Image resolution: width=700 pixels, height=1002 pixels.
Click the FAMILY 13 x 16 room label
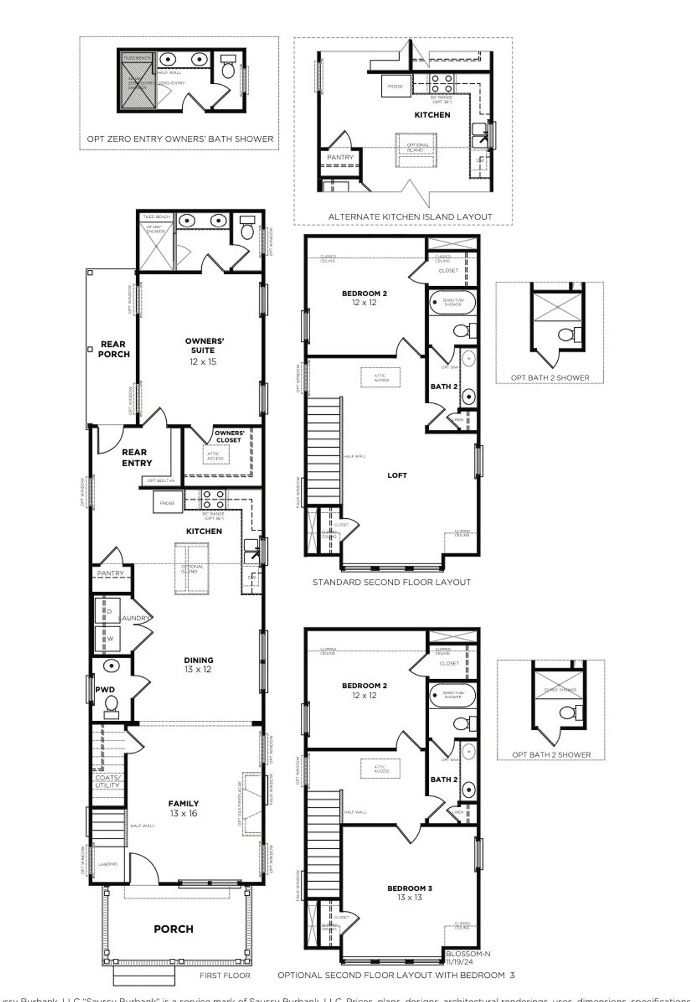click(183, 808)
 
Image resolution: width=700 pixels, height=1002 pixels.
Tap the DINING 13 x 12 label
click(198, 664)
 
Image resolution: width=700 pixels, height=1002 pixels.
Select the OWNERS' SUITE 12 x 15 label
click(203, 351)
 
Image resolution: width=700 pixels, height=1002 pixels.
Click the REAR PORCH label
click(114, 349)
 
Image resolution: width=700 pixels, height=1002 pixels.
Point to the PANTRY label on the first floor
click(110, 573)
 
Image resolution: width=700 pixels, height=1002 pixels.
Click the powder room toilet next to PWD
click(112, 704)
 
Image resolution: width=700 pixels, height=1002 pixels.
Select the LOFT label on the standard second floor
click(397, 475)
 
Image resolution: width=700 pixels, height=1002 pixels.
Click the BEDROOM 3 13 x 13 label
click(410, 893)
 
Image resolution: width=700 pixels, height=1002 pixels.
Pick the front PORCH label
click(173, 929)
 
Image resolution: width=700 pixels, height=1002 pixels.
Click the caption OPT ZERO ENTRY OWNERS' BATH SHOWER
click(180, 139)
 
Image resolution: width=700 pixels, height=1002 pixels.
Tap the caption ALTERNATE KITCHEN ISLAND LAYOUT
click(410, 217)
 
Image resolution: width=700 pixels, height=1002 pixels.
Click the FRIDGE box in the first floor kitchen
click(167, 502)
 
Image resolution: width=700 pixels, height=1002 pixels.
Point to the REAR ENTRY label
click(136, 457)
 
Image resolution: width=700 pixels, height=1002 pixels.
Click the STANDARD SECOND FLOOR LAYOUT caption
click(392, 582)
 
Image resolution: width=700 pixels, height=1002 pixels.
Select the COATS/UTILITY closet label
click(107, 781)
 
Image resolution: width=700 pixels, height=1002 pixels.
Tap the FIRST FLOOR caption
click(225, 975)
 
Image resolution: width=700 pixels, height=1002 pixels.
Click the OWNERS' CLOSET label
click(229, 436)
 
